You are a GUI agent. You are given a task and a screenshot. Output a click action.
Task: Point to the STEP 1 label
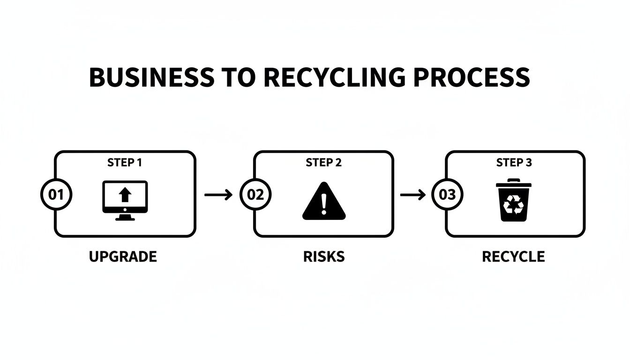click(x=124, y=163)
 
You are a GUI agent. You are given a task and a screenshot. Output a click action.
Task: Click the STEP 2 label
click(x=323, y=163)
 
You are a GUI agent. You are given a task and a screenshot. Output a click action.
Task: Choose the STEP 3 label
click(x=514, y=163)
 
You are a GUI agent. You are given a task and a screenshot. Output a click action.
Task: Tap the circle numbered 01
click(x=56, y=194)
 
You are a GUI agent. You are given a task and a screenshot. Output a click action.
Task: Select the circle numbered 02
click(x=255, y=194)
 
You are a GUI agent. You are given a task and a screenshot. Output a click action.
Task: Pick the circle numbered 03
click(x=447, y=194)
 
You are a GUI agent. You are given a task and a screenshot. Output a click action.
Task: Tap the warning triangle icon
click(x=324, y=202)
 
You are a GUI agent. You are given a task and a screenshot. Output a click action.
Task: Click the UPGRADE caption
click(x=123, y=256)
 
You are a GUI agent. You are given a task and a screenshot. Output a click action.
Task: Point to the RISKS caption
click(x=324, y=256)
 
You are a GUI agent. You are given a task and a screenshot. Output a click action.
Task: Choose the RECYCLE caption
click(x=513, y=256)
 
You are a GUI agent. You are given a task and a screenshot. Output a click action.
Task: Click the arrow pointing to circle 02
click(x=218, y=194)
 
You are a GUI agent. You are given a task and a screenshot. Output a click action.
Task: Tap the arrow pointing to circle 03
click(x=412, y=194)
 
